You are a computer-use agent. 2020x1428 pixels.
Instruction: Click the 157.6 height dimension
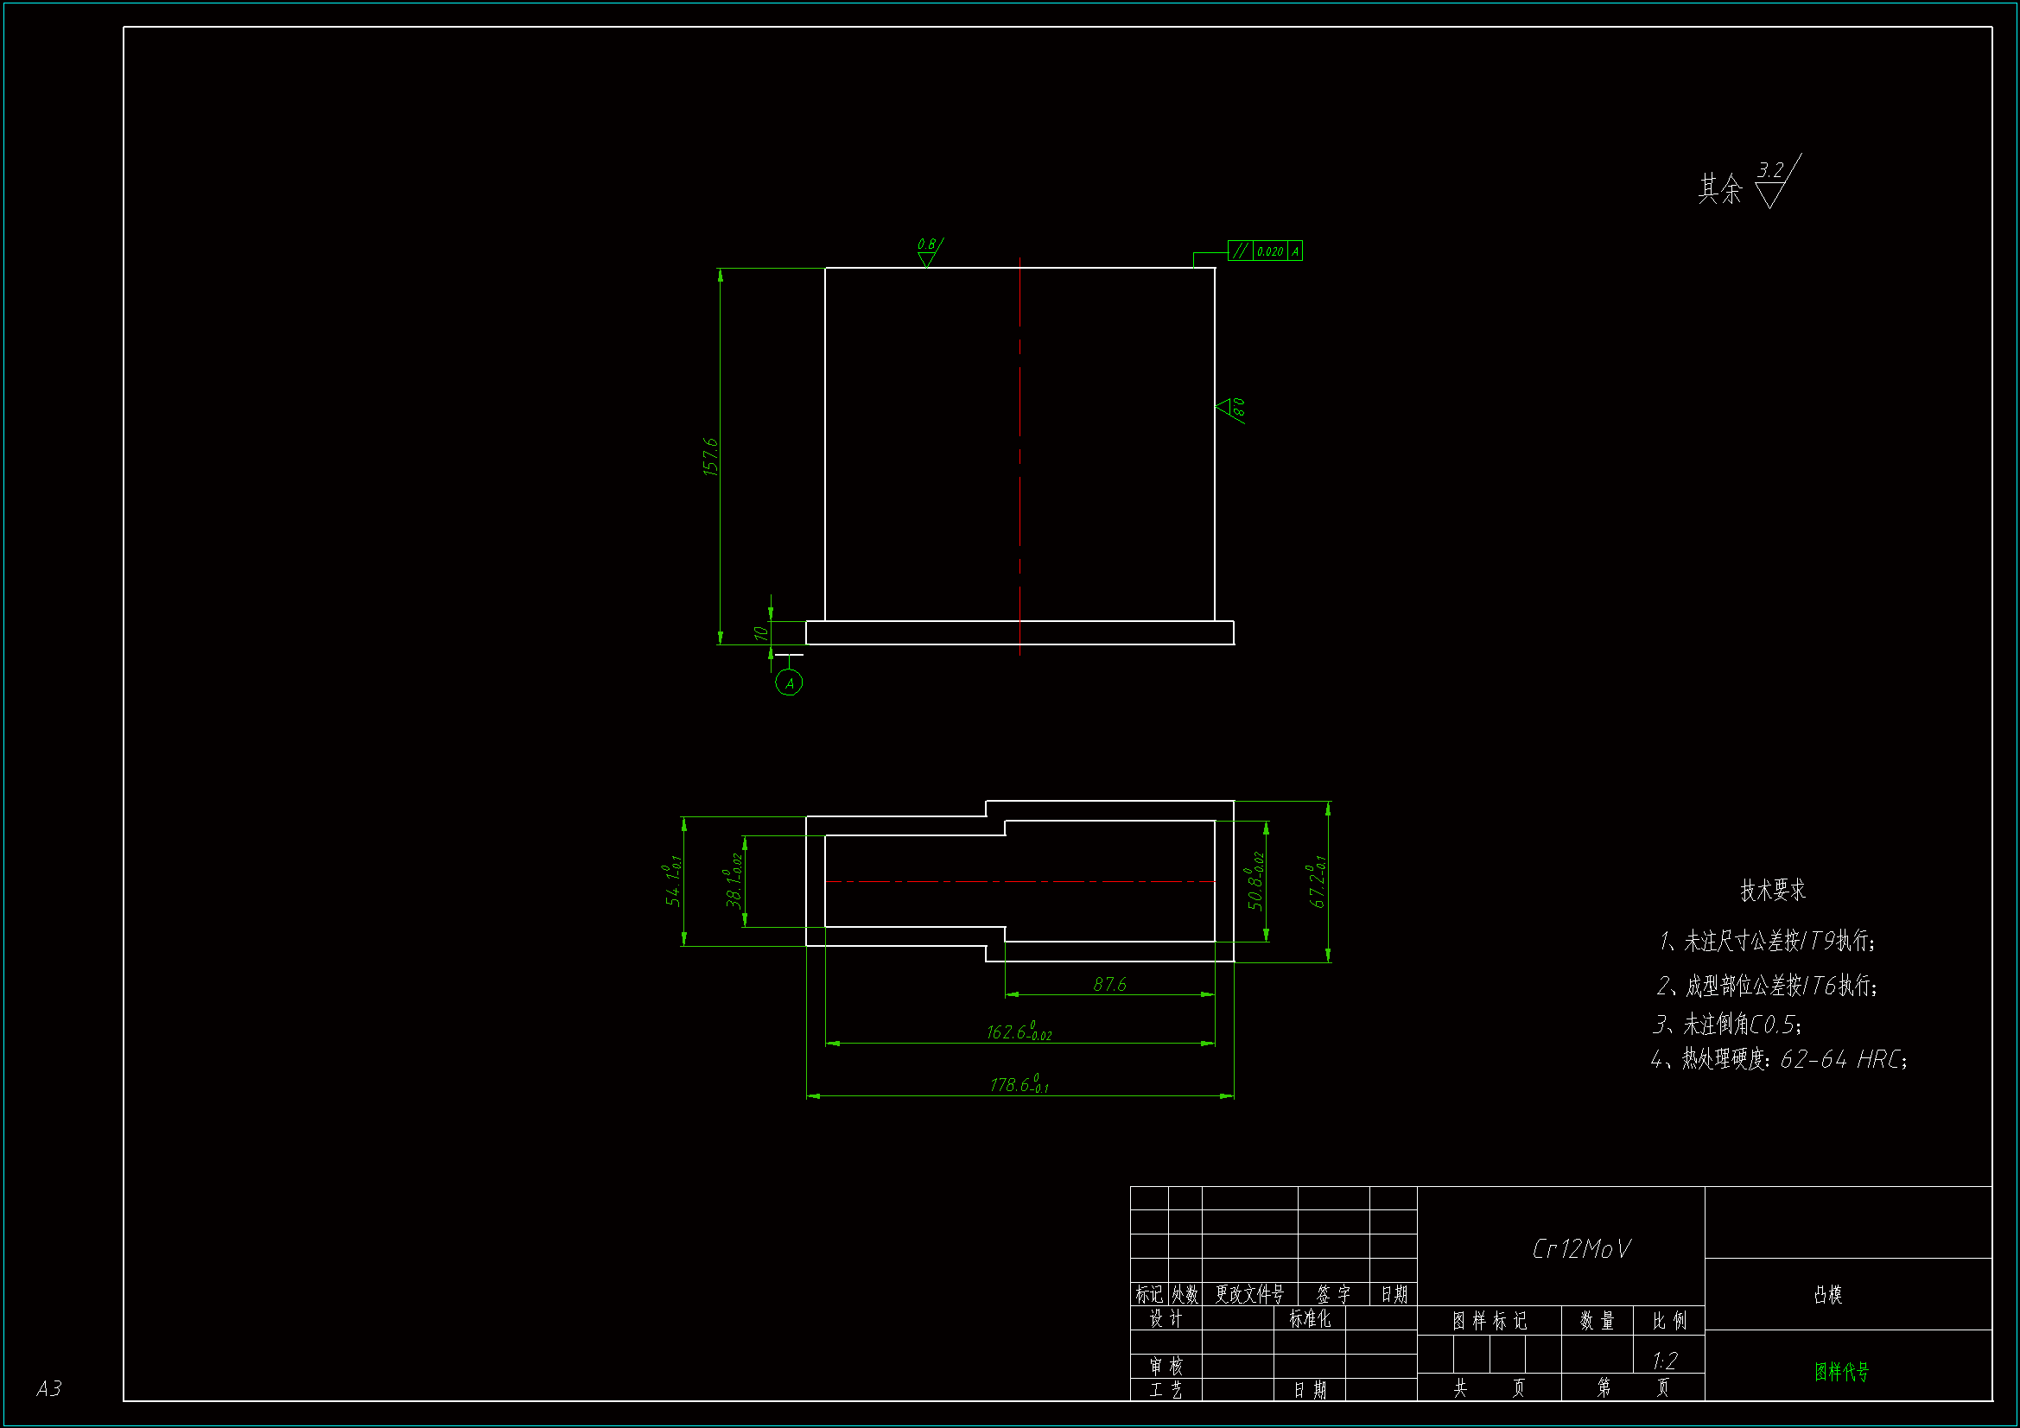coord(711,457)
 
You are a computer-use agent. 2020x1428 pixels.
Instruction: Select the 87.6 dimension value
coord(1109,985)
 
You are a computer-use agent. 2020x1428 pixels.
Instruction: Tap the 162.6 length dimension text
coord(1018,1032)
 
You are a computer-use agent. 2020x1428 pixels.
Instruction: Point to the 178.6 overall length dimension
coord(1019,1085)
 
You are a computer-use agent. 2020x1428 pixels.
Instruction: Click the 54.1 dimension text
coord(673,885)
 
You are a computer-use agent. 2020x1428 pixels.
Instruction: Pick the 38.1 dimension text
coord(734,879)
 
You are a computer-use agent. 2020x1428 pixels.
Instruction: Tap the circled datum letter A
coord(789,682)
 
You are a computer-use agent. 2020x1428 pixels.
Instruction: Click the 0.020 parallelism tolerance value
coord(1269,251)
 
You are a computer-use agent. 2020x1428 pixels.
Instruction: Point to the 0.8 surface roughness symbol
coord(927,251)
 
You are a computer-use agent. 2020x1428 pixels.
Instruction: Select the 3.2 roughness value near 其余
coord(1770,169)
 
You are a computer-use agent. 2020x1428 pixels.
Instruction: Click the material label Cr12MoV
coord(1581,1249)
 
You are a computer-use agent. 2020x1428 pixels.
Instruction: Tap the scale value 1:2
coord(1665,1361)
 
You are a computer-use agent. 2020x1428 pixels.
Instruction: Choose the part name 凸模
coord(1827,1294)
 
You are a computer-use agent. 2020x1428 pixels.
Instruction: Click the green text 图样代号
coord(1841,1372)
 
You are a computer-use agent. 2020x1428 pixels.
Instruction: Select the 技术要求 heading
coord(1773,891)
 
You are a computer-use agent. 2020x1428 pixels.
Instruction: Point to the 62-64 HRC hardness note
coord(1843,1059)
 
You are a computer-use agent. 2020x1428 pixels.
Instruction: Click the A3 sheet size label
coord(49,1388)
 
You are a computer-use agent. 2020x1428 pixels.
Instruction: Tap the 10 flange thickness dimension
coord(761,632)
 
